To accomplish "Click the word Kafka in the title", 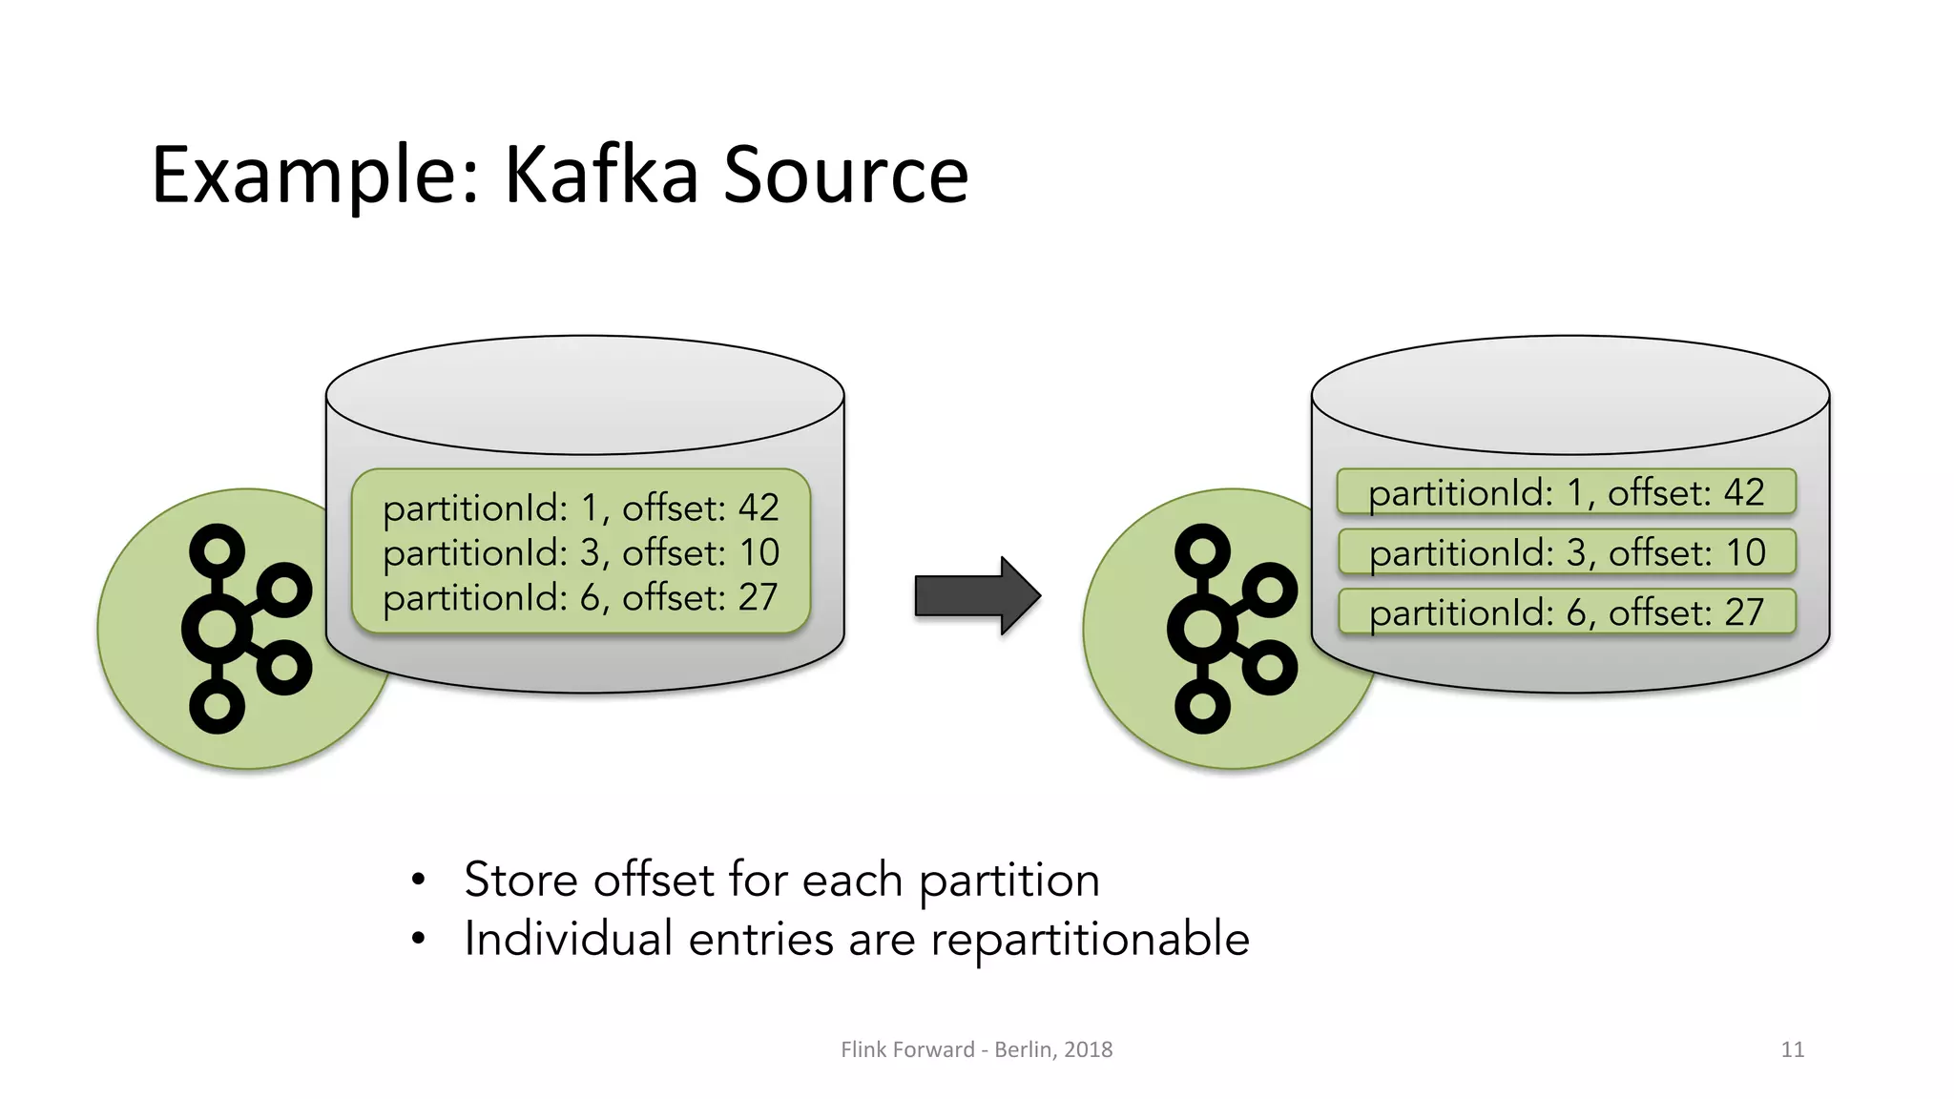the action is point(601,176).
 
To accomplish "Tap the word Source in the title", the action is point(845,176).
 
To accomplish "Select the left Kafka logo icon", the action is point(245,628).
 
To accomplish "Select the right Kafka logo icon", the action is point(1231,628).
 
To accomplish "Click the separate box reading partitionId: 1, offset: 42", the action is point(1566,492).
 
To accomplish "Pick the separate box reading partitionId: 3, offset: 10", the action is point(1566,552).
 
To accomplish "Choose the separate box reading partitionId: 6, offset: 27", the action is point(1566,612).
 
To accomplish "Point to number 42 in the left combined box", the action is point(759,508).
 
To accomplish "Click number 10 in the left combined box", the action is point(759,552).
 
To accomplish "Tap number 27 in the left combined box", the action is point(759,597).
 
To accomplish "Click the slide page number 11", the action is point(1792,1049).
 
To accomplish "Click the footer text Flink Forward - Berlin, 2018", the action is point(976,1049).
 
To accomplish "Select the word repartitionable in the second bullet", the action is point(1090,940).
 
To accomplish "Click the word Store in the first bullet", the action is point(520,880).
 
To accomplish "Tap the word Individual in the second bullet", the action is point(569,939).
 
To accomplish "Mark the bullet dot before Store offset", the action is point(418,880).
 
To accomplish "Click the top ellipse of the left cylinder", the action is point(585,394).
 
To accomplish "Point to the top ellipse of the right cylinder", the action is point(1570,394).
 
